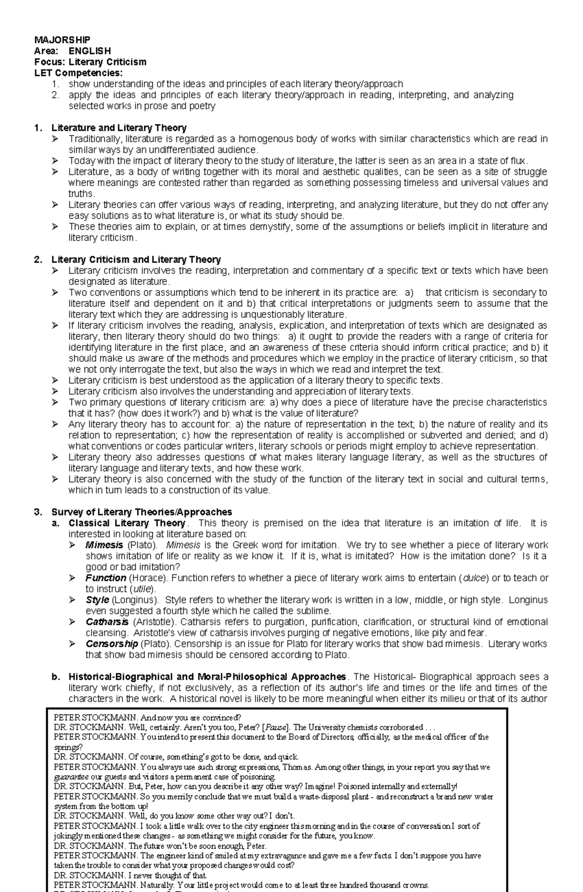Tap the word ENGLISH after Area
[90, 51]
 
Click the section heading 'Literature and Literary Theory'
[119, 128]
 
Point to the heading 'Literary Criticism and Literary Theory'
[136, 260]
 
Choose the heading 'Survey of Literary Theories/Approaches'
[142, 512]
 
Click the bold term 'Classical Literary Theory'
[127, 523]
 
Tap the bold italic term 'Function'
[106, 578]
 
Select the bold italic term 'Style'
[97, 600]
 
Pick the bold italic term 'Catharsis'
[107, 622]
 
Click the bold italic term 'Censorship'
[112, 644]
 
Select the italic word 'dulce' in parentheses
[474, 578]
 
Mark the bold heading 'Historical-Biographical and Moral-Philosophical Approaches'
[207, 677]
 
